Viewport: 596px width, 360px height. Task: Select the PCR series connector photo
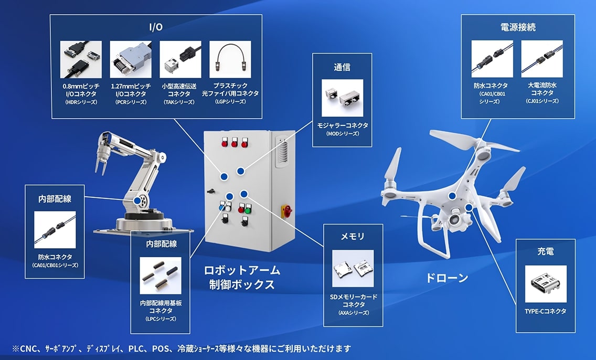(x=130, y=58)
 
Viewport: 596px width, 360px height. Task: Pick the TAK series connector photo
(x=180, y=58)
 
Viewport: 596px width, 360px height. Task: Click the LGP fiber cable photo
(x=230, y=58)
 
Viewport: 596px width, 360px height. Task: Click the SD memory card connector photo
(x=353, y=268)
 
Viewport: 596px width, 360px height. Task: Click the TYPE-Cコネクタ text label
(x=545, y=311)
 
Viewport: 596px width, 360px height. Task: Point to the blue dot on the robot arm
(x=137, y=200)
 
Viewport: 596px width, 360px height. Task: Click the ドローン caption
(x=446, y=278)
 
